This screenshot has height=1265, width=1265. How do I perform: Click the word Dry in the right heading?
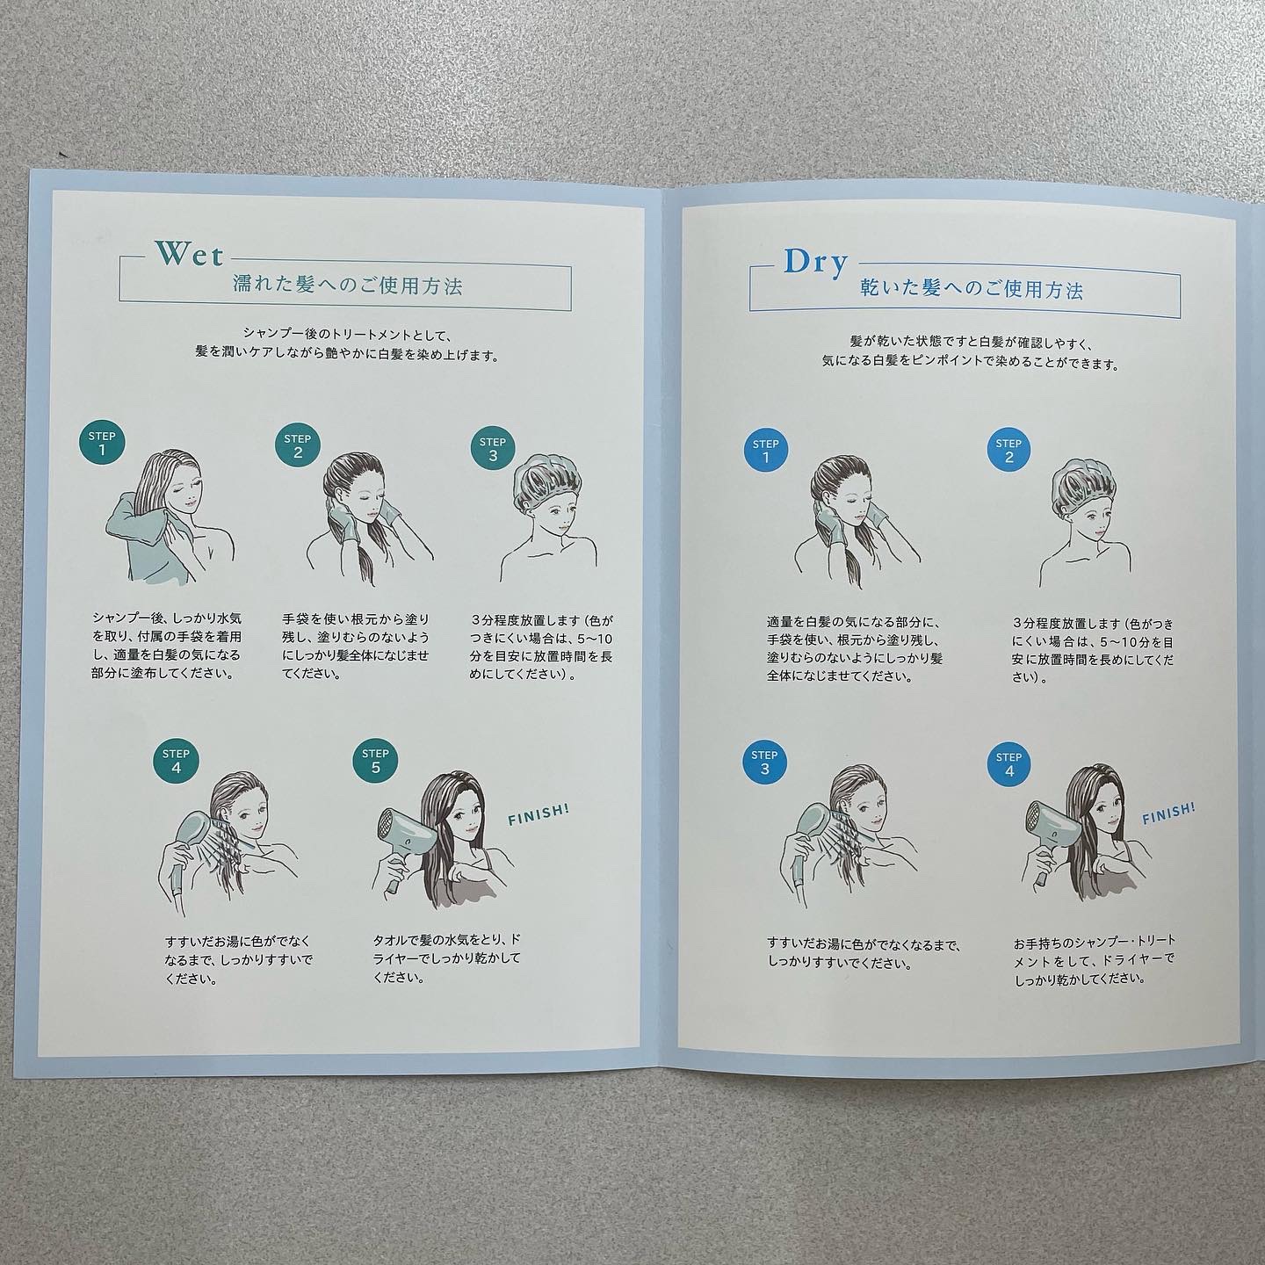click(x=815, y=264)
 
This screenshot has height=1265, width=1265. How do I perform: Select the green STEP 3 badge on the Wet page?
click(x=493, y=448)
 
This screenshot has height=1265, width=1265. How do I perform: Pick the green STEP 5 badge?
click(x=375, y=760)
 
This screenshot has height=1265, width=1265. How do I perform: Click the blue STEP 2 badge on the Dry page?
click(x=1008, y=450)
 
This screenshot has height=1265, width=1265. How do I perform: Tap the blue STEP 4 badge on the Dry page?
click(x=1008, y=763)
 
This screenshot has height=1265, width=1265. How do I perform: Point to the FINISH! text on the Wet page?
click(x=539, y=814)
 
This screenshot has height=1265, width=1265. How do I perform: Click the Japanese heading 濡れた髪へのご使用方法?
click(x=348, y=286)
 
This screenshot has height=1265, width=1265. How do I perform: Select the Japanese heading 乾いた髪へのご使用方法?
click(x=971, y=290)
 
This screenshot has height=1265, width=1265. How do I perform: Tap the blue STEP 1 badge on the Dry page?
click(x=765, y=451)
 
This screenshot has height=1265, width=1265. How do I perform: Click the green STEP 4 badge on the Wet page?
click(x=176, y=760)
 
